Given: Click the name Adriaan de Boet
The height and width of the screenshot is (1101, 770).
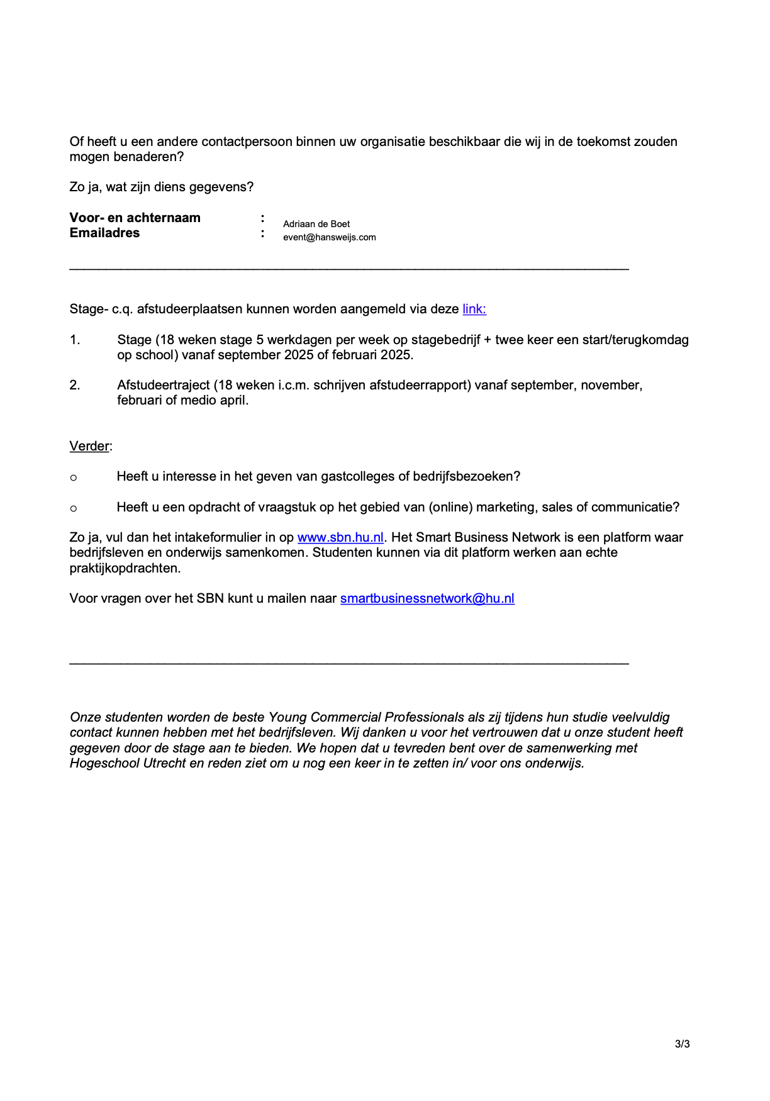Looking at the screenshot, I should pos(316,224).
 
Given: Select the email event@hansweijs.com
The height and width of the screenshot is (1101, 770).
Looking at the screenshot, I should pos(329,237).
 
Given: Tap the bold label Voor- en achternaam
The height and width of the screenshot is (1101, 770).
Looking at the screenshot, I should pos(135,218).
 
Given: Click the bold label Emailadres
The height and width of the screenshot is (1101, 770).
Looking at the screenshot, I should pos(104,233).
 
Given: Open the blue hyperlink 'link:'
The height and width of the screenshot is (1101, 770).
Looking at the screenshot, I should pos(474,309).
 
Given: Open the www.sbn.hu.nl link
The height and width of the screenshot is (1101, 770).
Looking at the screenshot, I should pos(340,537).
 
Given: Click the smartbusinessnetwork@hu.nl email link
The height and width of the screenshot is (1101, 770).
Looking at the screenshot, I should pos(427,598).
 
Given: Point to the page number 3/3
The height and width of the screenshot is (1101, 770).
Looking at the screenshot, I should pos(682,1044).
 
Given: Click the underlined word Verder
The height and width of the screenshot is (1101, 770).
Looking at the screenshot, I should pos(89,446).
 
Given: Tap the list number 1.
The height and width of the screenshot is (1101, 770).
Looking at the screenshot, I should pos(75,340).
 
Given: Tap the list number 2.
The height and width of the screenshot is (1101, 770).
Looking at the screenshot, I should pos(75,385).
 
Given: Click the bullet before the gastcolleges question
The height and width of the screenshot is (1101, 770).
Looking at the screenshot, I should pos(74,478).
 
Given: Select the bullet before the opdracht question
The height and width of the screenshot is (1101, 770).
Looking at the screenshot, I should pos(74,508).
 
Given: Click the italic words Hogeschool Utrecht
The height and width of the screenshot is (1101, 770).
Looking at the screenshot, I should pos(128,763).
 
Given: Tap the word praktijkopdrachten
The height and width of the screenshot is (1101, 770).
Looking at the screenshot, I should pos(125,568).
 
